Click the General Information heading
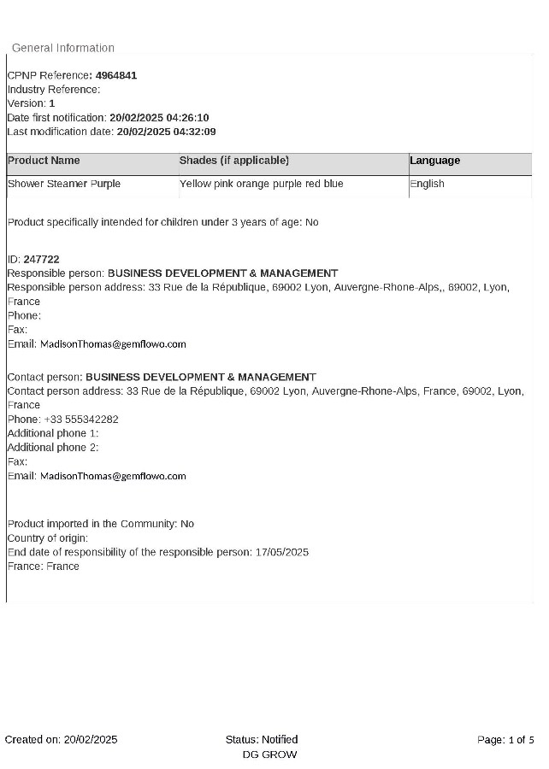click(x=63, y=48)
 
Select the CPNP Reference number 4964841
click(x=116, y=75)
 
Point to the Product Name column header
click(x=44, y=161)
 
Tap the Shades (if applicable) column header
click(x=234, y=161)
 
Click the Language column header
click(x=434, y=161)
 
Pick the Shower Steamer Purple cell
click(x=64, y=184)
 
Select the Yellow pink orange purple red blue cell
click(x=261, y=184)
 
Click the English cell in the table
click(x=427, y=184)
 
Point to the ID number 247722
click(x=41, y=259)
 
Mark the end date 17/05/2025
click(x=281, y=552)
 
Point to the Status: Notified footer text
click(x=262, y=740)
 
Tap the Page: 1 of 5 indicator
click(x=505, y=740)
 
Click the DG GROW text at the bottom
click(x=269, y=754)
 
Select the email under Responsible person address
click(x=113, y=344)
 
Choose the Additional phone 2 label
click(x=53, y=447)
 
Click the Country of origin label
click(x=48, y=538)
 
